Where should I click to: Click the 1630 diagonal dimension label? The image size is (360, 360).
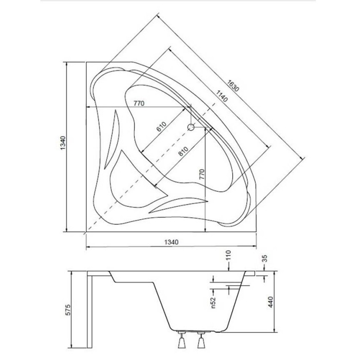(233, 86)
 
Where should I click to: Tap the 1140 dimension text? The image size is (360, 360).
(222, 96)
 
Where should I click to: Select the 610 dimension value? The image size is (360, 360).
(162, 127)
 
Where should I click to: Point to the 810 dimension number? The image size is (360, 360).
(183, 151)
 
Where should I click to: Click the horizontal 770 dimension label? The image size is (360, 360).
(139, 103)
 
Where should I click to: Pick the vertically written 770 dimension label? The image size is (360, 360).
(201, 175)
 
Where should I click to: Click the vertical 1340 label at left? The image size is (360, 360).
(63, 143)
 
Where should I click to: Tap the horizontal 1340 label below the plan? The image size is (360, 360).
(171, 242)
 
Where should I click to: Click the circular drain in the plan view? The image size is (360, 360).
(191, 127)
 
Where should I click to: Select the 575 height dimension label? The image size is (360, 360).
(69, 310)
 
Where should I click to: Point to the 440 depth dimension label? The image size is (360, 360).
(271, 302)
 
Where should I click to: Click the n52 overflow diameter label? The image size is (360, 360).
(213, 303)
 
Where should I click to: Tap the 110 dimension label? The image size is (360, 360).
(228, 255)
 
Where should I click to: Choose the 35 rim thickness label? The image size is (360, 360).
(265, 259)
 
